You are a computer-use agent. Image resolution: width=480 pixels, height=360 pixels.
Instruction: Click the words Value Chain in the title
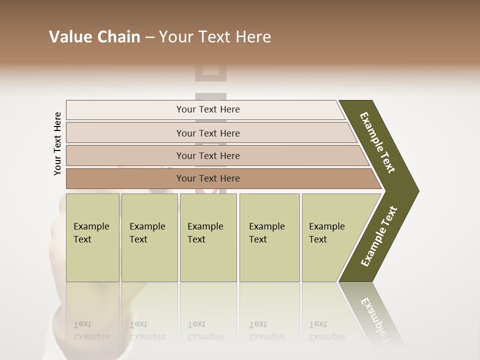click(x=94, y=37)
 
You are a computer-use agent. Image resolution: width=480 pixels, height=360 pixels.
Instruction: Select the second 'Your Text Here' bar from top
click(x=208, y=133)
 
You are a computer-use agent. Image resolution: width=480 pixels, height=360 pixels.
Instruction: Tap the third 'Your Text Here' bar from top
click(x=208, y=155)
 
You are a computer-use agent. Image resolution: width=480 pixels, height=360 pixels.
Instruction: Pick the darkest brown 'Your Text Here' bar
click(x=208, y=178)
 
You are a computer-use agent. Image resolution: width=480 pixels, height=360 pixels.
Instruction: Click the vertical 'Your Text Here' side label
click(x=57, y=143)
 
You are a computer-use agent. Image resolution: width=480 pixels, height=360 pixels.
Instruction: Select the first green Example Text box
click(x=92, y=237)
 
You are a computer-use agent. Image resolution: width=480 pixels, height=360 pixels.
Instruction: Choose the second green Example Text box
click(x=149, y=237)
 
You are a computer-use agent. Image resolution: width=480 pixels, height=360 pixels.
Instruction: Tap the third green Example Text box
click(x=208, y=237)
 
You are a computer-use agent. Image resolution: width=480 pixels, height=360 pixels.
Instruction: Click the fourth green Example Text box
click(x=269, y=237)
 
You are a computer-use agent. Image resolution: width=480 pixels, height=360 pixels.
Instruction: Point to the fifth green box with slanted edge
click(x=330, y=237)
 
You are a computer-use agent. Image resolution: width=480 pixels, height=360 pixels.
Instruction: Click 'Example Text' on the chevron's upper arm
click(x=377, y=142)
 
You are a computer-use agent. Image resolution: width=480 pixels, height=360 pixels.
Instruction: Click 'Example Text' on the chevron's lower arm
click(x=379, y=236)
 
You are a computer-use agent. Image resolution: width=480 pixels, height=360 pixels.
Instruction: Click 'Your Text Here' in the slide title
click(x=215, y=37)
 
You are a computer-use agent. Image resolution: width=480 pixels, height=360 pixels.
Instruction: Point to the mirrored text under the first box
click(x=91, y=330)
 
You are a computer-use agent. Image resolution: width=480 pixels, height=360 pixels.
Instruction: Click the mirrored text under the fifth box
click(x=326, y=330)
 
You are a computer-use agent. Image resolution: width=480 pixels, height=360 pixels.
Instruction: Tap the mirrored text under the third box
click(x=205, y=330)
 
